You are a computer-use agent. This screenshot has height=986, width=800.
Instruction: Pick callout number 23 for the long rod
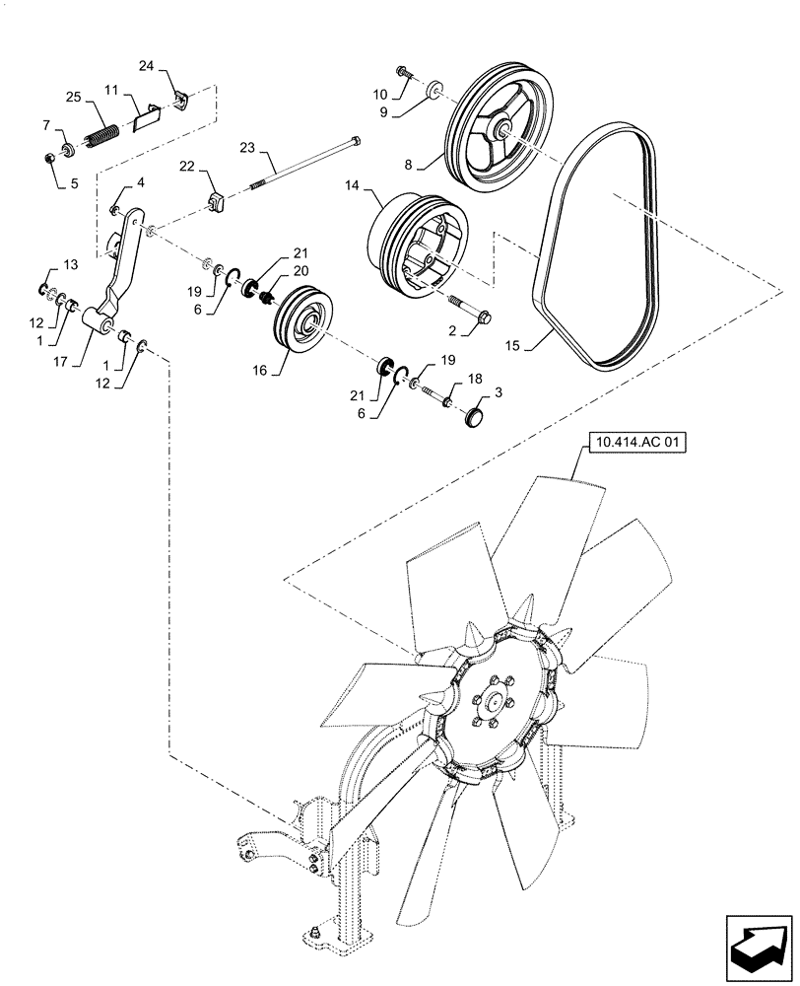point(247,147)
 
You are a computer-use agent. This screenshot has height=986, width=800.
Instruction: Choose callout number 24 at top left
point(147,66)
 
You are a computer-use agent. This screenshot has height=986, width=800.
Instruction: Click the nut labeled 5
point(50,158)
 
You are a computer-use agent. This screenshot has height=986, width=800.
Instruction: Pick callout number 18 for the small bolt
point(475,378)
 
